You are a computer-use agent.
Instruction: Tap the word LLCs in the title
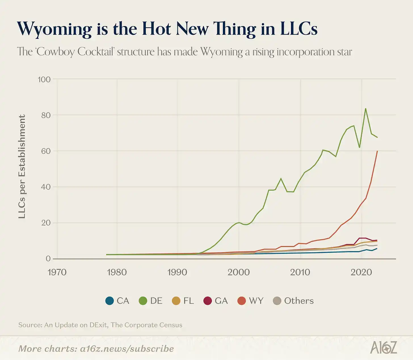pyautogui.click(x=299, y=28)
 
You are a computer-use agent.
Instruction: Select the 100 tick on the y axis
pyautogui.click(x=44, y=79)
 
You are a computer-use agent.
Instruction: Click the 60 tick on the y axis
pyautogui.click(x=45, y=151)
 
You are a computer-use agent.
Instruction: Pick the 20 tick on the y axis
pyautogui.click(x=46, y=223)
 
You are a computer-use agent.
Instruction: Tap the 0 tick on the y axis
pyautogui.click(x=48, y=259)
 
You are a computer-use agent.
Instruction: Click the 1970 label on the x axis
pyautogui.click(x=57, y=272)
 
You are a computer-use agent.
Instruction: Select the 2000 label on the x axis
pyautogui.click(x=239, y=272)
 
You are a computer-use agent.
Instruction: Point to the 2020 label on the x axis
pyautogui.click(x=361, y=272)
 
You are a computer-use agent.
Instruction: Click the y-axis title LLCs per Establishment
pyautogui.click(x=22, y=167)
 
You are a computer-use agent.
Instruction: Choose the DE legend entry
pyautogui.click(x=151, y=301)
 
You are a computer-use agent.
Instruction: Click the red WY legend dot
pyautogui.click(x=241, y=301)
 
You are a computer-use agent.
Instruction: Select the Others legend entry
pyautogui.click(x=294, y=301)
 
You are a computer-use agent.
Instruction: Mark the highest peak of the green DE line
pyautogui.click(x=366, y=108)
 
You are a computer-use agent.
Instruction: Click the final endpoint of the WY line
pyautogui.click(x=377, y=151)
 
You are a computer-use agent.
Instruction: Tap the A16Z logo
pyautogui.click(x=383, y=348)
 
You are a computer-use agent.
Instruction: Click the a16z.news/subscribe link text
pyautogui.click(x=127, y=349)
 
